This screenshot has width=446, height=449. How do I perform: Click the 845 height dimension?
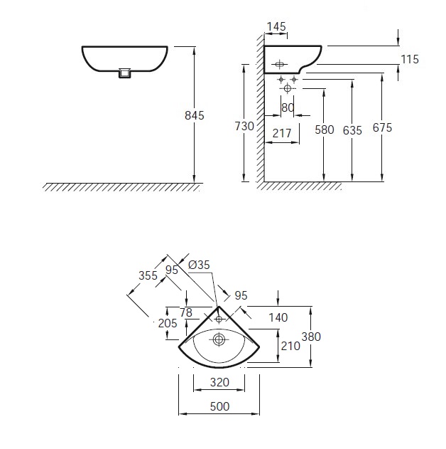[195, 115]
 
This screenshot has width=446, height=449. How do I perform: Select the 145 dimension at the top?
[276, 26]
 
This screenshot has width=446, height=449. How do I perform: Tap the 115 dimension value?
[410, 59]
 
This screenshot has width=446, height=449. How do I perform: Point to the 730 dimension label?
[244, 126]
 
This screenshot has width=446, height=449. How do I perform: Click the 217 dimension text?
[282, 133]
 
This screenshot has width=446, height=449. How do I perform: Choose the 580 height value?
[325, 130]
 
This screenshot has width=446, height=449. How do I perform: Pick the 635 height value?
[352, 130]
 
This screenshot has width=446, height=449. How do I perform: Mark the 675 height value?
[382, 127]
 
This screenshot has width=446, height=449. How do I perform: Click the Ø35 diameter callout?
[199, 265]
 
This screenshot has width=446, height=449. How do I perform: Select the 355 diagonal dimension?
[148, 275]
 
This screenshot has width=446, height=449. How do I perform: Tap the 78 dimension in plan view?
[186, 312]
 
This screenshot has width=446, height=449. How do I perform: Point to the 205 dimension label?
[168, 323]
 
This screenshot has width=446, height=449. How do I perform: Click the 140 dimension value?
[278, 317]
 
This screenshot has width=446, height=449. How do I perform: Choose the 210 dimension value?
[290, 346]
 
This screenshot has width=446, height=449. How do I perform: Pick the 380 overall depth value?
[311, 337]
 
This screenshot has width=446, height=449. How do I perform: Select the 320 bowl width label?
[219, 382]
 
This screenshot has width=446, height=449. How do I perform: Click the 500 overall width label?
[219, 406]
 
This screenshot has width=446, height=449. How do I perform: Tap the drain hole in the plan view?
[219, 340]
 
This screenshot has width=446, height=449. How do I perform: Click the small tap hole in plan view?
[219, 318]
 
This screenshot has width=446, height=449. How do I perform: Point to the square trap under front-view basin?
[124, 73]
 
